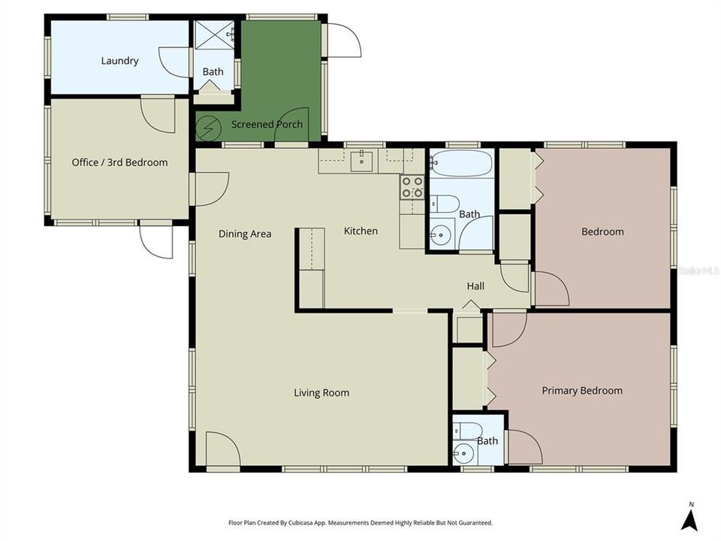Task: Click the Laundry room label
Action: [x=119, y=61]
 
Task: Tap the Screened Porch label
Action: [x=267, y=124]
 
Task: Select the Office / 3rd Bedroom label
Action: [x=119, y=162]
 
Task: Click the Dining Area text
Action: [x=245, y=234]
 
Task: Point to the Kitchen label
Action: [x=360, y=231]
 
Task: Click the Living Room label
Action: [x=321, y=392]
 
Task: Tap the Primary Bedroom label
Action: [x=582, y=390]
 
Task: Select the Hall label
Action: [x=475, y=286]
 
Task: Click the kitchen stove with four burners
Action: [x=412, y=187]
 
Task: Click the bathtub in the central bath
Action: [x=461, y=163]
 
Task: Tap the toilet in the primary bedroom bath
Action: [x=466, y=431]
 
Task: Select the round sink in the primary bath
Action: [x=464, y=453]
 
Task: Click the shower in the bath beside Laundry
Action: [x=214, y=35]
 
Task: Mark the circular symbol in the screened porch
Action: [x=206, y=128]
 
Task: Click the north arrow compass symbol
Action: [x=689, y=518]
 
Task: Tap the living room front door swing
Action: [x=223, y=449]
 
